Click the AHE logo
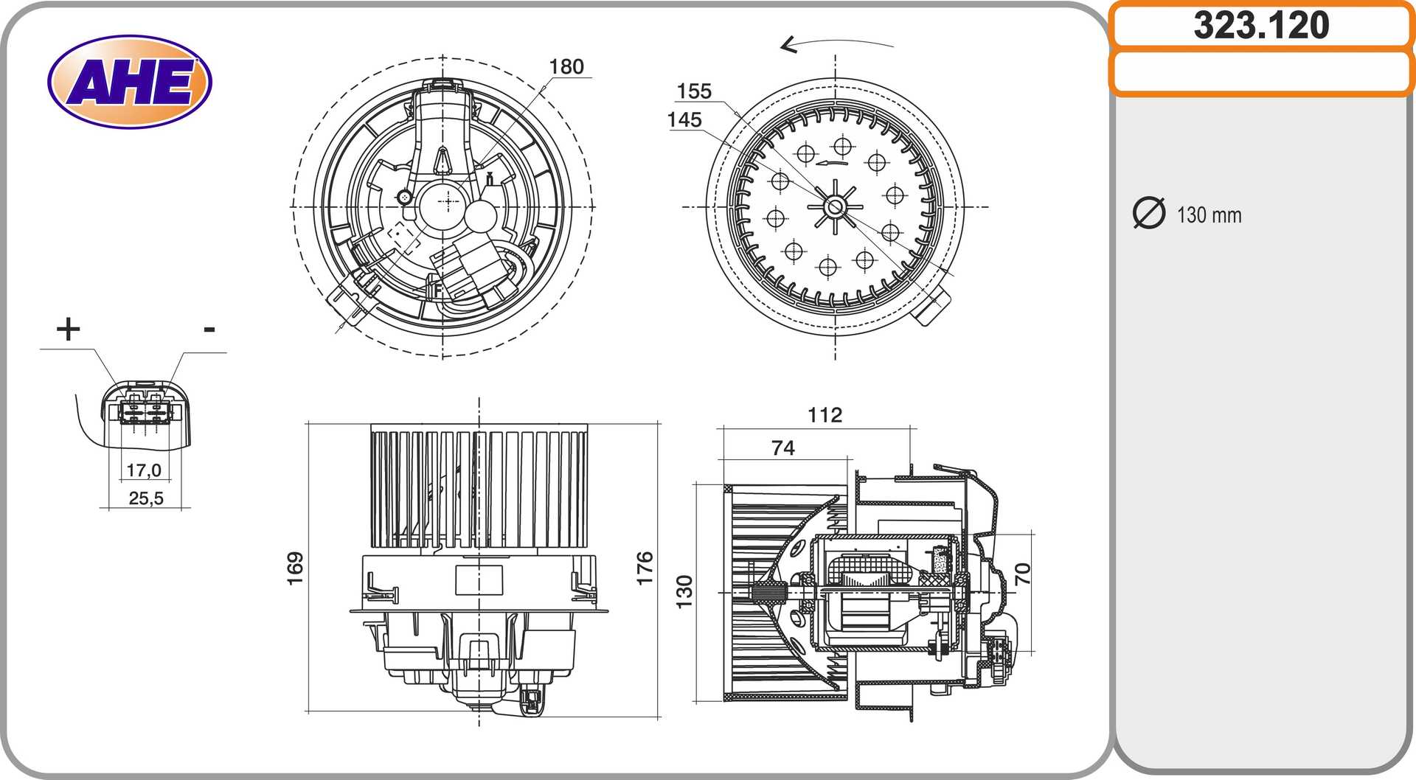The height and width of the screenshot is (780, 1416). click(130, 81)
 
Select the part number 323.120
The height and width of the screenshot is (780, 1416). click(1261, 25)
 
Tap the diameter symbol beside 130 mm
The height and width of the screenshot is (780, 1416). click(1148, 213)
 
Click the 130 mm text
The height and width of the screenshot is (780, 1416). click(1209, 215)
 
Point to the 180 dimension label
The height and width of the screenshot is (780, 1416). click(566, 66)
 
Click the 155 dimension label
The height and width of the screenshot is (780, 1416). click(694, 91)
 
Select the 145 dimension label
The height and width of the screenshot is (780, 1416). click(684, 119)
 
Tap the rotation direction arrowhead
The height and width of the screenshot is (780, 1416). click(788, 45)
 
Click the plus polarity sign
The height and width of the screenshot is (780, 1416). click(68, 329)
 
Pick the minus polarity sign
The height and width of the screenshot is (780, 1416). click(209, 330)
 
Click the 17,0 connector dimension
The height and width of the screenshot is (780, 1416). click(144, 470)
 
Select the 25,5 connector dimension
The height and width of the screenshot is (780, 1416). click(146, 498)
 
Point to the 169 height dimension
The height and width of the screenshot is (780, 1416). click(295, 568)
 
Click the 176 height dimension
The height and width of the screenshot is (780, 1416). click(645, 568)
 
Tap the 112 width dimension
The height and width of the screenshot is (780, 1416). click(825, 415)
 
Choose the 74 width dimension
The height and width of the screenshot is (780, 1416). click(783, 448)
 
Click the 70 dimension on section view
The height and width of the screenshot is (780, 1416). click(1022, 574)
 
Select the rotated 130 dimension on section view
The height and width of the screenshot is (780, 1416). click(684, 592)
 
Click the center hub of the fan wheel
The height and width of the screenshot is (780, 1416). click(835, 207)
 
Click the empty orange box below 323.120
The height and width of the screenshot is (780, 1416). click(1261, 72)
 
